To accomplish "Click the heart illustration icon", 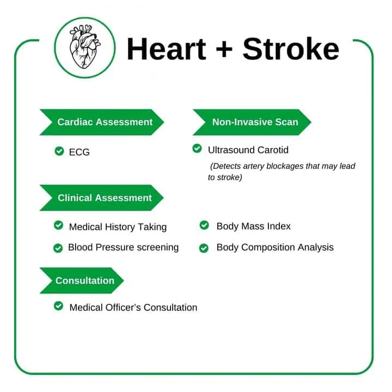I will (85, 47).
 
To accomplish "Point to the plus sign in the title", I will (225, 50).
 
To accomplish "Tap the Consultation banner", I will (82, 280).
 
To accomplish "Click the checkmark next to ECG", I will (59, 151).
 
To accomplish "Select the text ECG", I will (79, 152).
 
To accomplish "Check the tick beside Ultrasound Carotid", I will (197, 148).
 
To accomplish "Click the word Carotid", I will (271, 149).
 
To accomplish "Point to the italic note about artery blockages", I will (281, 171).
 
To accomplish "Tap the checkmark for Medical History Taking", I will (58, 225).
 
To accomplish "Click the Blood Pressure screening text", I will (123, 247).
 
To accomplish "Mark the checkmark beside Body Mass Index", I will (204, 225).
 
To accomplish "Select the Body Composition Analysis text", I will (275, 247).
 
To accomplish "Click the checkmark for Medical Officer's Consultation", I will (58, 306).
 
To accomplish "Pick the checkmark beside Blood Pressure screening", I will (58, 248).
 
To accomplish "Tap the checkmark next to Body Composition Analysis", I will (204, 248).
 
